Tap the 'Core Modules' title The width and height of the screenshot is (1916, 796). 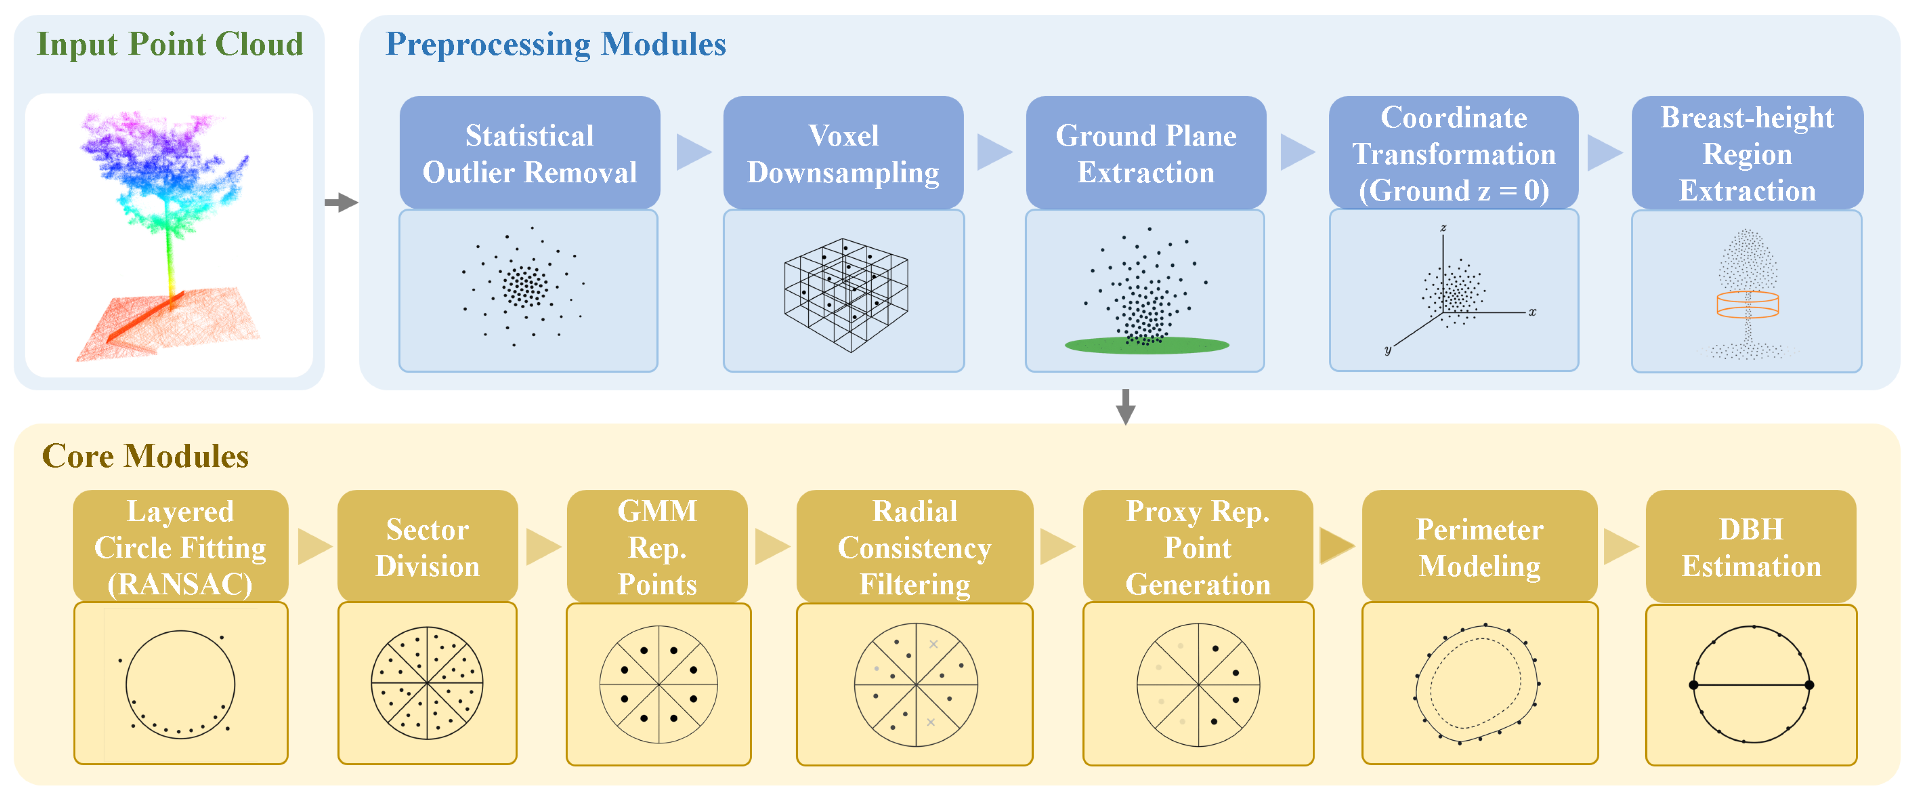point(145,455)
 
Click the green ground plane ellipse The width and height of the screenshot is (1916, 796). point(1146,345)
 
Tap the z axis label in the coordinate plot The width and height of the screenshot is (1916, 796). point(1443,228)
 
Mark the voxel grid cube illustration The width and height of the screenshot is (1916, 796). point(846,295)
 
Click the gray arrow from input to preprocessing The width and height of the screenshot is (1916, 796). point(341,202)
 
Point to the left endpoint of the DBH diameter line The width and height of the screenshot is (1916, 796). point(1694,685)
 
